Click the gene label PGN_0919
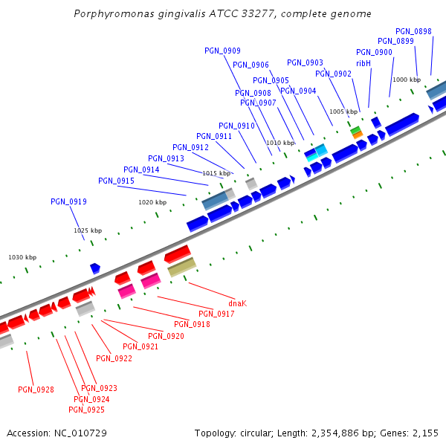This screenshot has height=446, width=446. [68, 201]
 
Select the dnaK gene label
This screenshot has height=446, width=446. [237, 303]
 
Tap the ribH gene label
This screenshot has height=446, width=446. [363, 63]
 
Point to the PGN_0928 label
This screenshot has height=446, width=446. [36, 390]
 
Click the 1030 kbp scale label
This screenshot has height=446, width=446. [22, 257]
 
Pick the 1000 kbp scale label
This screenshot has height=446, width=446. [406, 80]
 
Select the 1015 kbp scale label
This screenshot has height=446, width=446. [216, 173]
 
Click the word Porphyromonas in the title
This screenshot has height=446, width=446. [112, 14]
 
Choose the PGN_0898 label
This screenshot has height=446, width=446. [413, 31]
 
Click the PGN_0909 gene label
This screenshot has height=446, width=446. [222, 51]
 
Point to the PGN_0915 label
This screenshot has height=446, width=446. [116, 181]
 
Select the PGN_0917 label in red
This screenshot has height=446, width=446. [216, 314]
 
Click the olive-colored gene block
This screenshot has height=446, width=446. [181, 267]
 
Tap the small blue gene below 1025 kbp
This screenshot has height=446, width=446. [95, 268]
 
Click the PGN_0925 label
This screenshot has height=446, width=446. [86, 410]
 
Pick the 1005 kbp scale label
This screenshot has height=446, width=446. [343, 111]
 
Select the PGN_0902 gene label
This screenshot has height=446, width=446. [333, 74]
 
